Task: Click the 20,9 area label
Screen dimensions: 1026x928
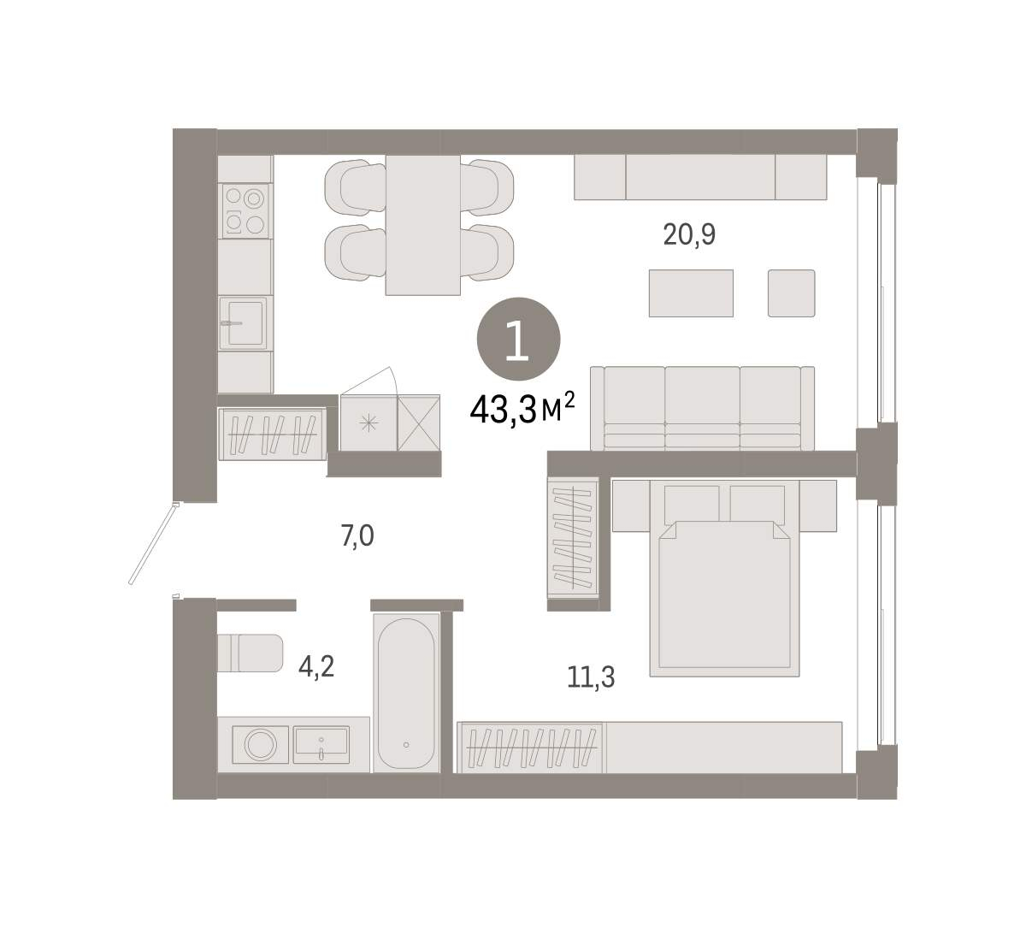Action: (x=689, y=235)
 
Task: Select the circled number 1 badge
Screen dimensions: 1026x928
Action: (x=519, y=339)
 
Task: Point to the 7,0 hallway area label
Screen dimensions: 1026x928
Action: (x=357, y=536)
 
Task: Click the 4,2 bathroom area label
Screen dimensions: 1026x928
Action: (x=316, y=667)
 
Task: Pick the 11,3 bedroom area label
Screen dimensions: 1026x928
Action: (x=591, y=677)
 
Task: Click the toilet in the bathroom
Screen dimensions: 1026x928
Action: (x=251, y=653)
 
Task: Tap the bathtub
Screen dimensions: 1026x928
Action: (x=406, y=693)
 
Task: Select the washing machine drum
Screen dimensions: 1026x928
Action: (x=260, y=744)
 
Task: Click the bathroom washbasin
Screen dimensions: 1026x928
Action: (x=321, y=742)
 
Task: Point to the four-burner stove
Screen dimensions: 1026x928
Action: (x=245, y=211)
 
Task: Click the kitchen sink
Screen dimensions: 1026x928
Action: (x=244, y=323)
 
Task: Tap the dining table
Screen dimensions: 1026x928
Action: (x=422, y=225)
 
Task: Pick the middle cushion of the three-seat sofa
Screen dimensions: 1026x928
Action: (x=702, y=408)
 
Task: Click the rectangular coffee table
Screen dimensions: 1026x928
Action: (x=691, y=293)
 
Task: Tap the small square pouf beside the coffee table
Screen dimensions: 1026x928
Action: (x=791, y=293)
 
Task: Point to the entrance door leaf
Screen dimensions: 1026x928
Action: (x=152, y=544)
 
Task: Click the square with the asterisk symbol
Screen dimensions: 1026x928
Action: (x=369, y=423)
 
